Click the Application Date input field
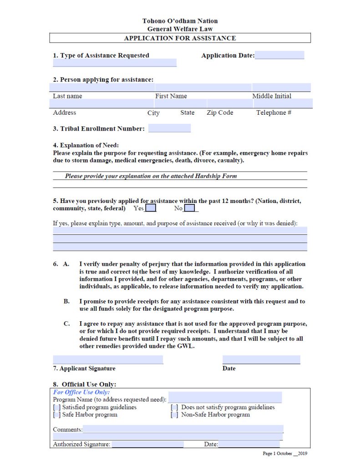tap(279, 56)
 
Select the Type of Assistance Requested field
tap(114, 63)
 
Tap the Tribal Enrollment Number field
tap(169, 128)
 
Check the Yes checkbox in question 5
tap(151, 208)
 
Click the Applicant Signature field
tap(108, 360)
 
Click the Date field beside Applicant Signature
tap(261, 360)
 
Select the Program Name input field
tap(225, 398)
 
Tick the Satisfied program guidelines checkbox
tap(57, 407)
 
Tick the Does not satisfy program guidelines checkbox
tap(174, 407)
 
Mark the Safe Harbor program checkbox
tap(57, 415)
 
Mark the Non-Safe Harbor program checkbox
tap(174, 415)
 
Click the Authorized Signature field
tap(147, 444)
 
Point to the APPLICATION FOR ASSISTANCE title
tap(180, 38)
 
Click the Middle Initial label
tap(272, 96)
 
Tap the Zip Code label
tap(220, 112)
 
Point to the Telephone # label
tap(274, 112)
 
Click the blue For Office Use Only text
tap(81, 392)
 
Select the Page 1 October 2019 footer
tap(285, 454)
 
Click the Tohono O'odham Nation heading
tap(180, 21)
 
